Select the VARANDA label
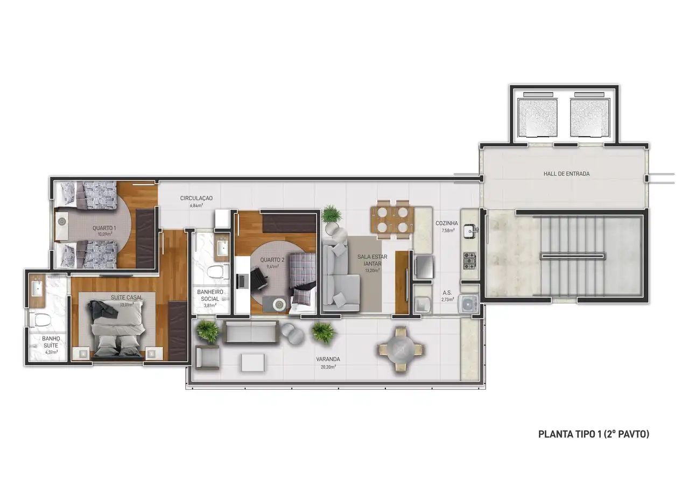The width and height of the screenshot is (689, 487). [328, 359]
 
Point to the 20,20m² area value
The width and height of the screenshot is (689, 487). [328, 367]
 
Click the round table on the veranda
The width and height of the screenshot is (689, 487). [400, 349]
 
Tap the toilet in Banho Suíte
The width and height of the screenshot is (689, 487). [39, 320]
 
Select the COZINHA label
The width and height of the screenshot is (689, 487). [447, 223]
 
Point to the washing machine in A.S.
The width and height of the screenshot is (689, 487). [468, 305]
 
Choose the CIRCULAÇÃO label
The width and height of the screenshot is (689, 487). [196, 198]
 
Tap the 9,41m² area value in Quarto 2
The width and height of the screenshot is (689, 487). [272, 266]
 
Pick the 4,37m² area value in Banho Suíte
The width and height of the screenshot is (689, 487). [51, 352]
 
